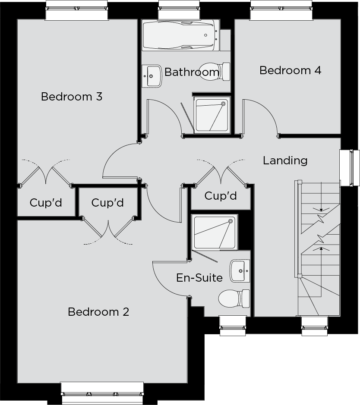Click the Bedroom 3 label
point(72,97)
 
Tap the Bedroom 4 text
point(290,70)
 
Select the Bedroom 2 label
point(98,312)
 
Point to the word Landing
point(285,160)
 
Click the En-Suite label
point(199,278)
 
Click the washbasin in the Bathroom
point(152,76)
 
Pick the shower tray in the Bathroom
point(212,115)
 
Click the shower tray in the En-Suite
point(215,232)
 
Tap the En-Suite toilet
point(234,298)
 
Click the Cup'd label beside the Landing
point(221,196)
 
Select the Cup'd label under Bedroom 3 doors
point(46,203)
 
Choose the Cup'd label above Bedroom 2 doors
point(107,203)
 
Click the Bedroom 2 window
point(102,392)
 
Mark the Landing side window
point(350,168)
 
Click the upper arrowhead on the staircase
point(321,210)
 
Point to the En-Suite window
point(233,326)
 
